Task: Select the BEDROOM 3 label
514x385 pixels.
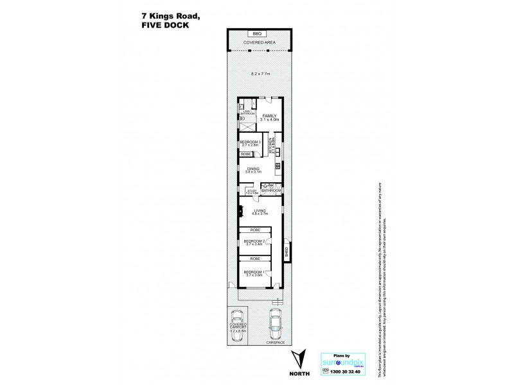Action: point(249,142)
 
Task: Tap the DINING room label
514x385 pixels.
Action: point(253,169)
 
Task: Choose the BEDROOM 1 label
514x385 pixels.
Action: point(254,272)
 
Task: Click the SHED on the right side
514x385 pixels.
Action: point(287,251)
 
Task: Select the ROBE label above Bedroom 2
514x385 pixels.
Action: point(254,229)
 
